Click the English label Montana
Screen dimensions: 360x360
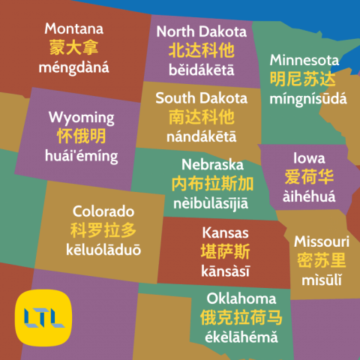pos(74,29)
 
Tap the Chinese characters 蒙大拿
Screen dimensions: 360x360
pos(74,48)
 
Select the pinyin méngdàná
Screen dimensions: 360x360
pos(74,67)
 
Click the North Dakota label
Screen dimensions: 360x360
pos(201,31)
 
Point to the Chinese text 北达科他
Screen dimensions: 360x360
pos(201,50)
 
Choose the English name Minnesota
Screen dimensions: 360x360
pos(304,60)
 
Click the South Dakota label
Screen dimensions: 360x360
pos(201,98)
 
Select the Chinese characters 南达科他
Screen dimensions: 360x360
pos(201,117)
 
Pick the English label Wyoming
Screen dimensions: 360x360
pos(81,118)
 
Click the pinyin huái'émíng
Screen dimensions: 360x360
pos(81,156)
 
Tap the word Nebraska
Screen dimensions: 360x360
pos(212,164)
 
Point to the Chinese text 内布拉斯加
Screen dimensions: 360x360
pos(212,184)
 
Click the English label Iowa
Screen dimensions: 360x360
pos(309,158)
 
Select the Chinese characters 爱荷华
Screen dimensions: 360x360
pos(309,177)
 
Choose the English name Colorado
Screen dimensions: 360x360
pos(103,211)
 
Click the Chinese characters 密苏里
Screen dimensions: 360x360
pos(321,260)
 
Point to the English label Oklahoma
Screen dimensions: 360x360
pos(241,298)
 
